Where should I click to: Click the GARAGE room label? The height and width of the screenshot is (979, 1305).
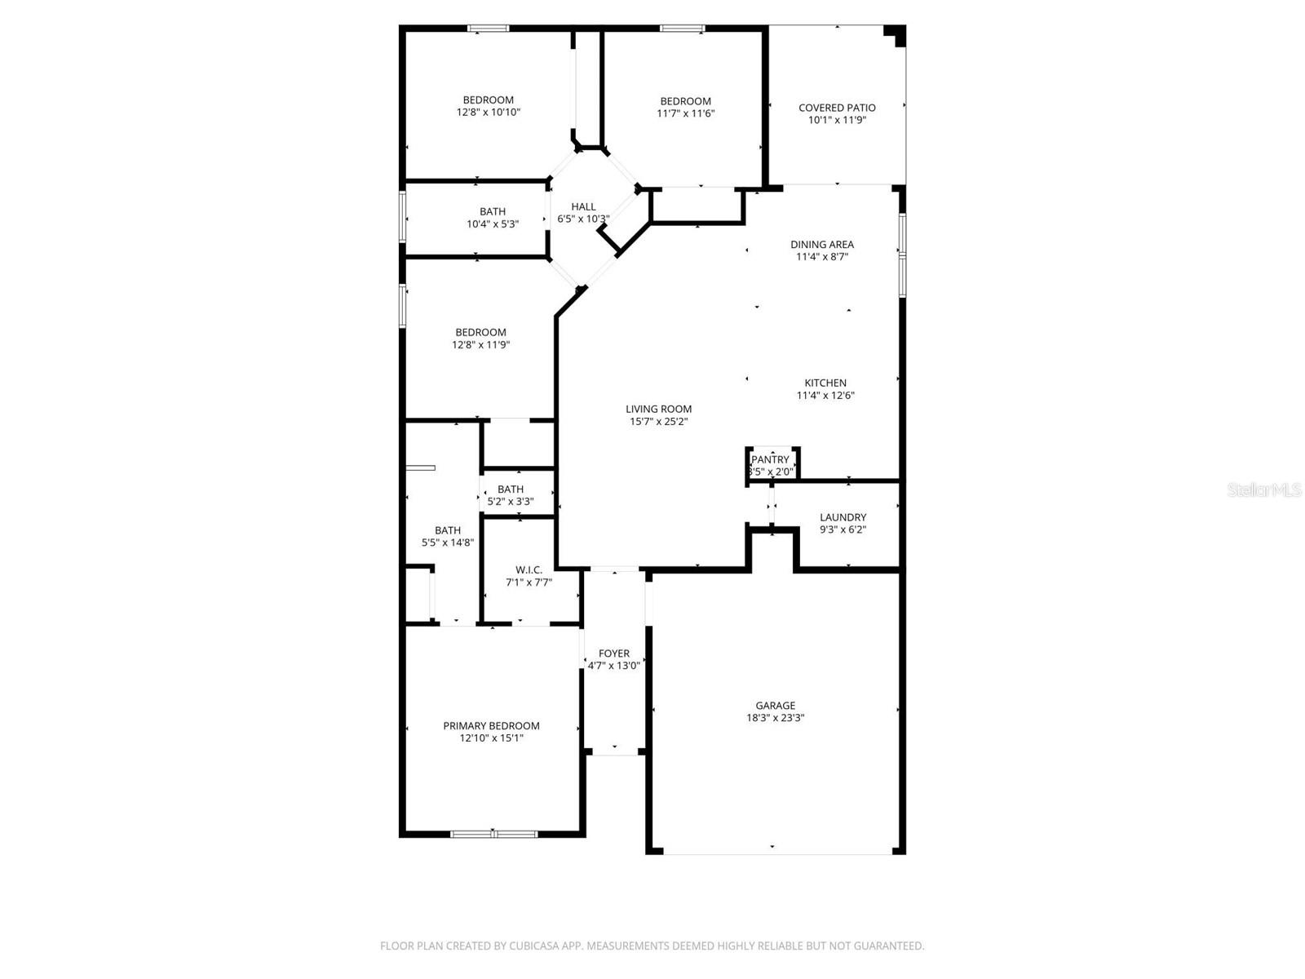(775, 706)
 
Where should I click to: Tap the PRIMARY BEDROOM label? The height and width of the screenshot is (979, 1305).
(491, 725)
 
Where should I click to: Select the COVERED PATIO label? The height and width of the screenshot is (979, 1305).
(837, 108)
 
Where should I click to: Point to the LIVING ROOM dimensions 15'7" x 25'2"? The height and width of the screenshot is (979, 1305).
(658, 422)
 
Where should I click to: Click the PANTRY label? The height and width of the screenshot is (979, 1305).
(770, 459)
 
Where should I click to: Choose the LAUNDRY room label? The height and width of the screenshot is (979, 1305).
(843, 517)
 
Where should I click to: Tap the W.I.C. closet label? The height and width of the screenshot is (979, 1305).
(529, 569)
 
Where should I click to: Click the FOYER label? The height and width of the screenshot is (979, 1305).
(613, 653)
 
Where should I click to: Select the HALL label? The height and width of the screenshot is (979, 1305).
(583, 206)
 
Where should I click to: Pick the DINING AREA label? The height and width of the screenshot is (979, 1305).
(822, 244)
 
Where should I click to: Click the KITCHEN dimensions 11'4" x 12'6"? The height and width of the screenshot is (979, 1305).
(825, 396)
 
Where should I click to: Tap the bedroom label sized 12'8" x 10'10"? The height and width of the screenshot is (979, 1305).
(489, 100)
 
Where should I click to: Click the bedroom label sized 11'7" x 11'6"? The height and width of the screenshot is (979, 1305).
(685, 101)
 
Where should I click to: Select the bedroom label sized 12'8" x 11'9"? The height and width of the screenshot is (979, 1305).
(480, 332)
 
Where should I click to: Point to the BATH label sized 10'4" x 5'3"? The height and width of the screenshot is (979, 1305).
(493, 211)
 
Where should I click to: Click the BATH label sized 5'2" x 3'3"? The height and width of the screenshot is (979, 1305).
(511, 489)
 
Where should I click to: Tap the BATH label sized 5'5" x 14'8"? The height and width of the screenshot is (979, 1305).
(448, 530)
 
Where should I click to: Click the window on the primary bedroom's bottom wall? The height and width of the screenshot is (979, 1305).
(493, 834)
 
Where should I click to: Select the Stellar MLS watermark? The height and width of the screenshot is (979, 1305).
(1264, 489)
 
